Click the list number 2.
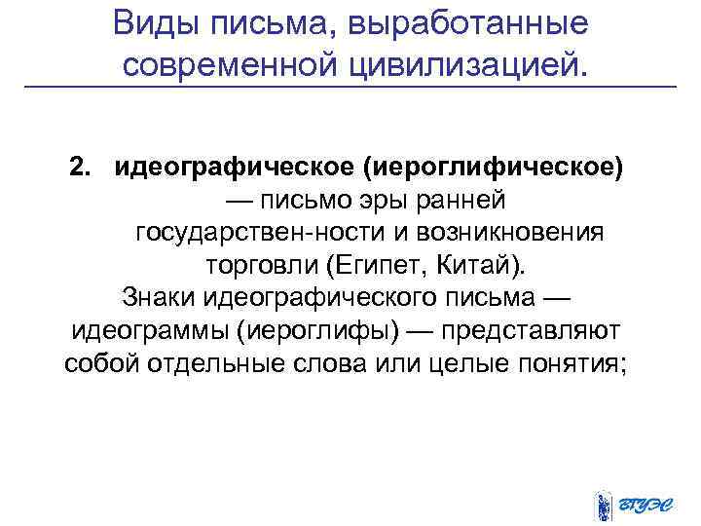tap(79, 167)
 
